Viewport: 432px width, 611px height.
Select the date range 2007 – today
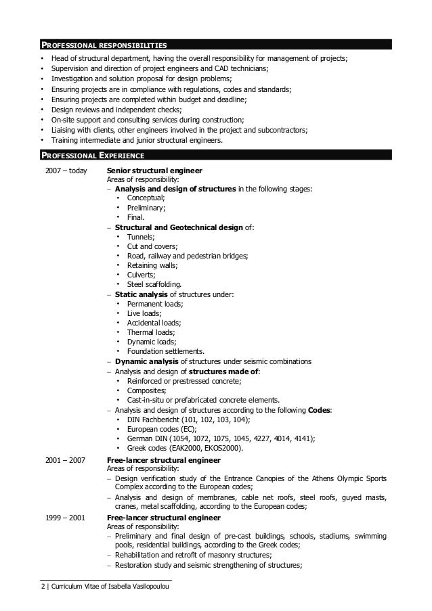(66, 171)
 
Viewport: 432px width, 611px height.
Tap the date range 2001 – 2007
(66, 461)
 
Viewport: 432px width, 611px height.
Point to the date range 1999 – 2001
(66, 518)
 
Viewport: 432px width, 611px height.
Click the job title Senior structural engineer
(154, 171)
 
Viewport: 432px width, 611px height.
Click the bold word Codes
(320, 410)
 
